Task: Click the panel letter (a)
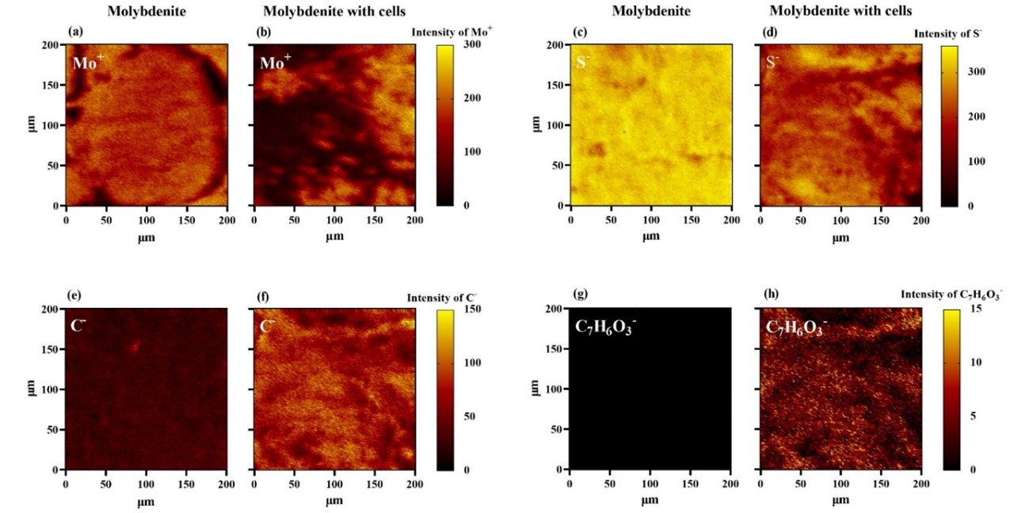(x=75, y=32)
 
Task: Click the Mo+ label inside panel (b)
(x=276, y=62)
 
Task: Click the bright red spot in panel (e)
(x=135, y=345)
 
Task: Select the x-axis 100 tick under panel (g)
(x=650, y=482)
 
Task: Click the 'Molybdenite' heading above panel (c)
(x=650, y=11)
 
